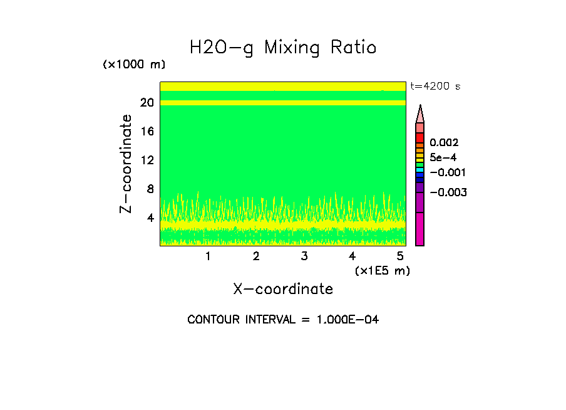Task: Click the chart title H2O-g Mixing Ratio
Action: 283,48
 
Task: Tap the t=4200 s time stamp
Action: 435,87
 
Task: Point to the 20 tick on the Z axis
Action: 147,102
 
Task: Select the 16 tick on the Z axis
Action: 147,131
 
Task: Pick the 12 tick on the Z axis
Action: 147,160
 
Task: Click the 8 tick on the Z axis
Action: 150,189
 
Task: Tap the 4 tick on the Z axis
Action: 150,218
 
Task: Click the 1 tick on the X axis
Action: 208,256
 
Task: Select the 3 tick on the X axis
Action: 304,256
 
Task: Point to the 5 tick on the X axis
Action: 401,256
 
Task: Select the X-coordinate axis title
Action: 283,289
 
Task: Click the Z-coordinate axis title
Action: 126,164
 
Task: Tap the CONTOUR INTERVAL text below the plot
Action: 283,320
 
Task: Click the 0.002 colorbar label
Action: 444,143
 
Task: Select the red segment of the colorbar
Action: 420,138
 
